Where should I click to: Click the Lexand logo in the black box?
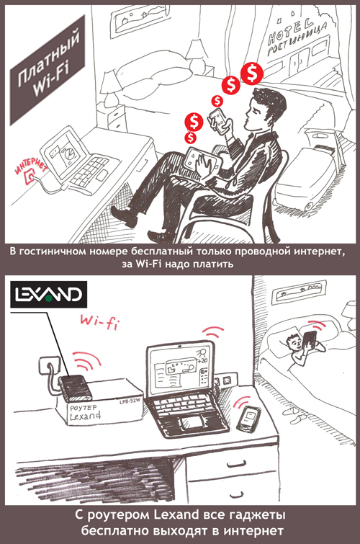pos(48,295)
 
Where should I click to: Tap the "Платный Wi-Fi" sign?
pos(48,70)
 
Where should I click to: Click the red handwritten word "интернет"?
pos(30,166)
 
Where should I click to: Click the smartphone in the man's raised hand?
pos(219,120)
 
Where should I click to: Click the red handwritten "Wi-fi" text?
pos(99,321)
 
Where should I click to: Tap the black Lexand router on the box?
pos(76,388)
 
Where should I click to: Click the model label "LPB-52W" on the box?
pos(130,403)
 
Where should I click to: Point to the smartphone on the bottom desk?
pos(248,419)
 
